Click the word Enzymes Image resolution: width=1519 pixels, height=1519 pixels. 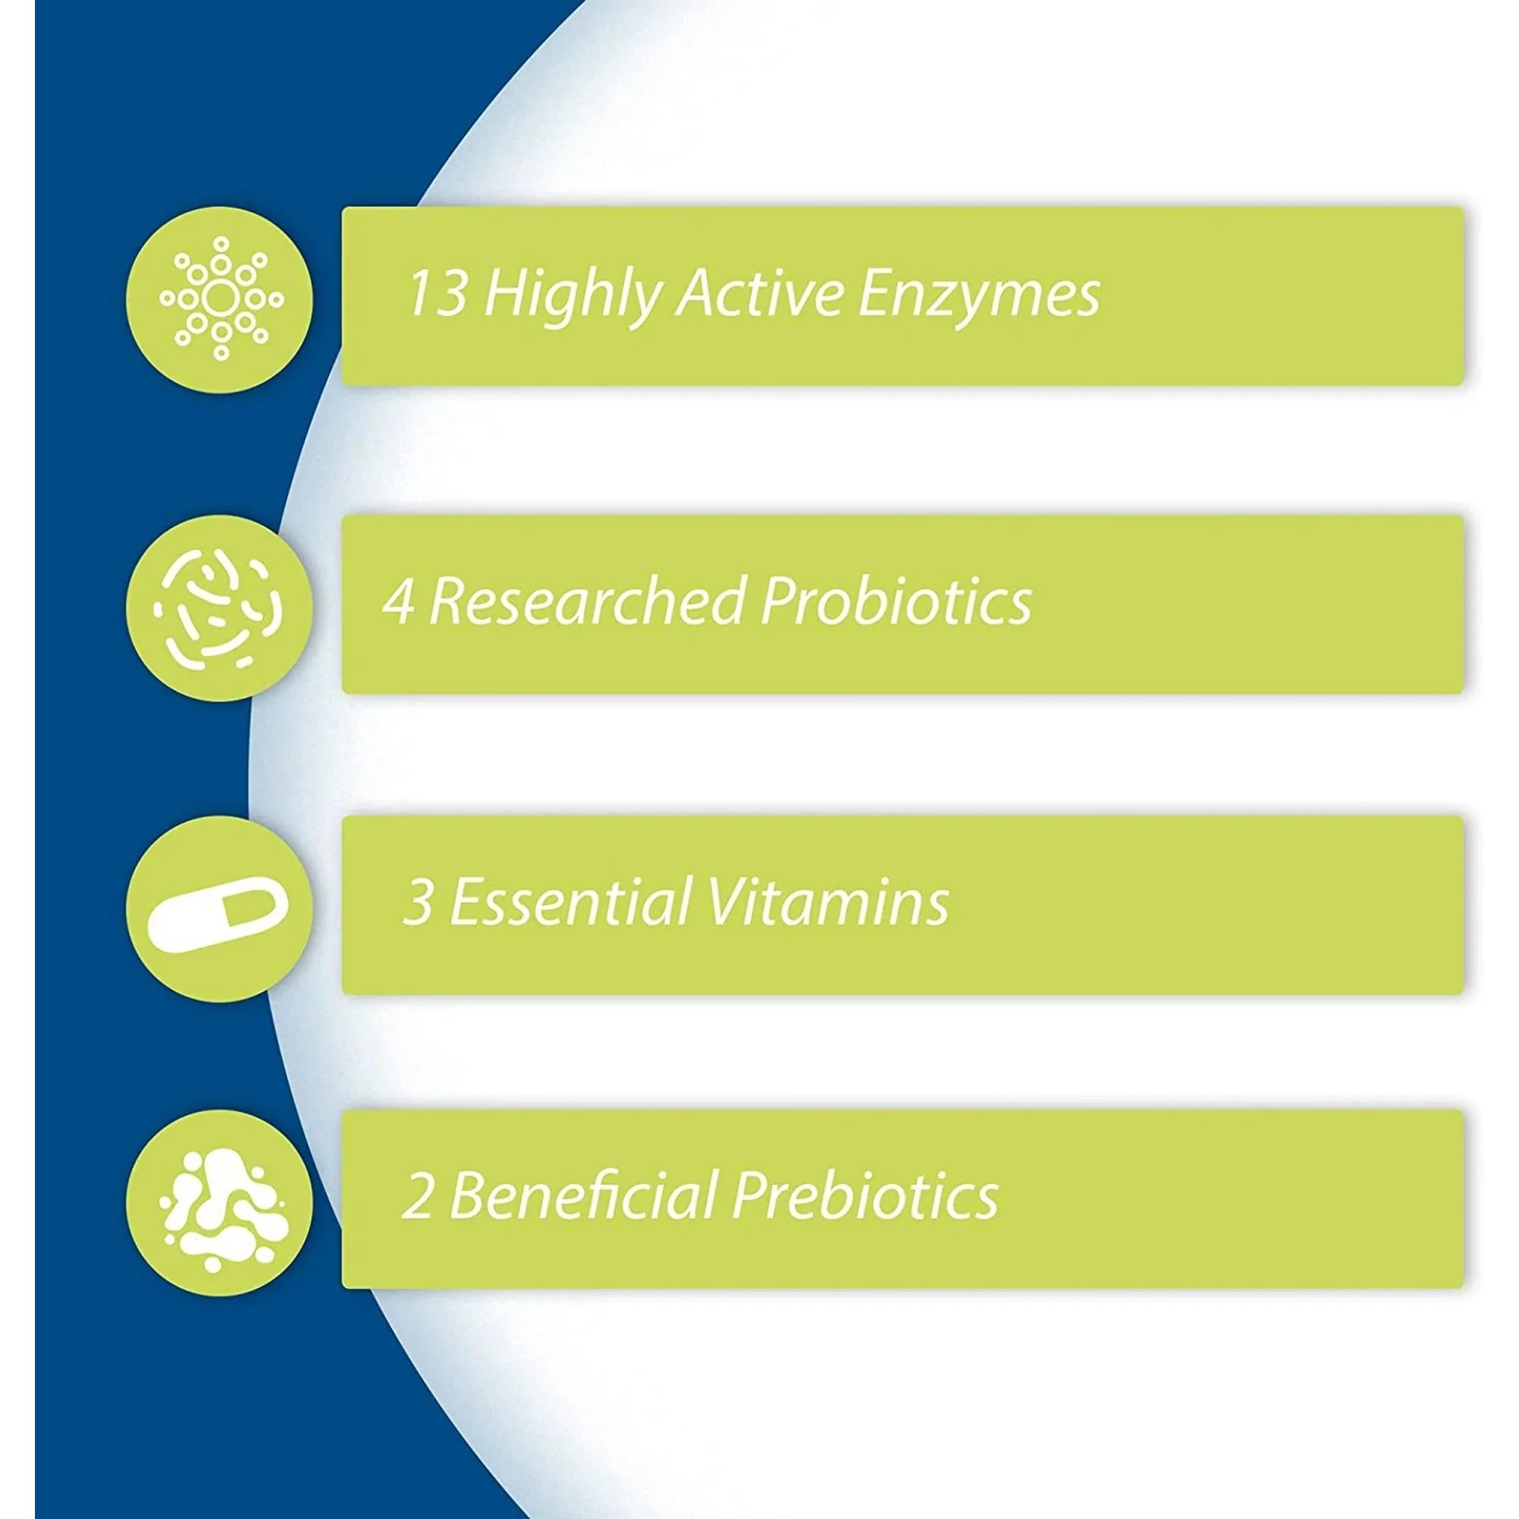click(x=978, y=298)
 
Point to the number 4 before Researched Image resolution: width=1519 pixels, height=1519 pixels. click(x=399, y=602)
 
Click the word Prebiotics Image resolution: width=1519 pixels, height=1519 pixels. click(x=865, y=1195)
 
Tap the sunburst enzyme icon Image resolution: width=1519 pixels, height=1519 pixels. click(x=221, y=298)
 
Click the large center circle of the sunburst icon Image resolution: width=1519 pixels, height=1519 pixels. click(x=221, y=298)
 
